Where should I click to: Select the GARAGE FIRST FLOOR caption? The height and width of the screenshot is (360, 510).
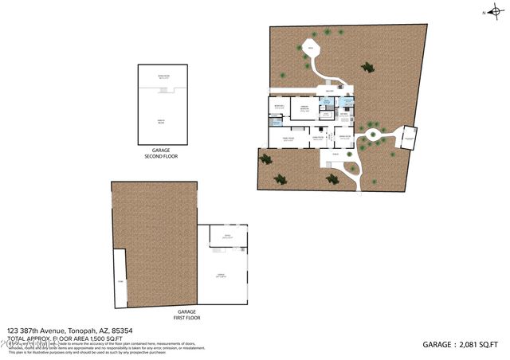click(x=187, y=315)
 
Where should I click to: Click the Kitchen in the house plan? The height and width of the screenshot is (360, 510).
click(x=343, y=115)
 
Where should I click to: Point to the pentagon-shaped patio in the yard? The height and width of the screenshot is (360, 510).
click(x=311, y=49)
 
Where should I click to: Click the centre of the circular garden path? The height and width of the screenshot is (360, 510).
click(x=371, y=131)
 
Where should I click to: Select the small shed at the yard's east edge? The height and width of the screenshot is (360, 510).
click(x=408, y=139)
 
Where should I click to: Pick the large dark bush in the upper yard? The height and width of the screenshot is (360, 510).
click(x=367, y=68)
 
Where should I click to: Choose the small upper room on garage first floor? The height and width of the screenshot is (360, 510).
click(x=227, y=236)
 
